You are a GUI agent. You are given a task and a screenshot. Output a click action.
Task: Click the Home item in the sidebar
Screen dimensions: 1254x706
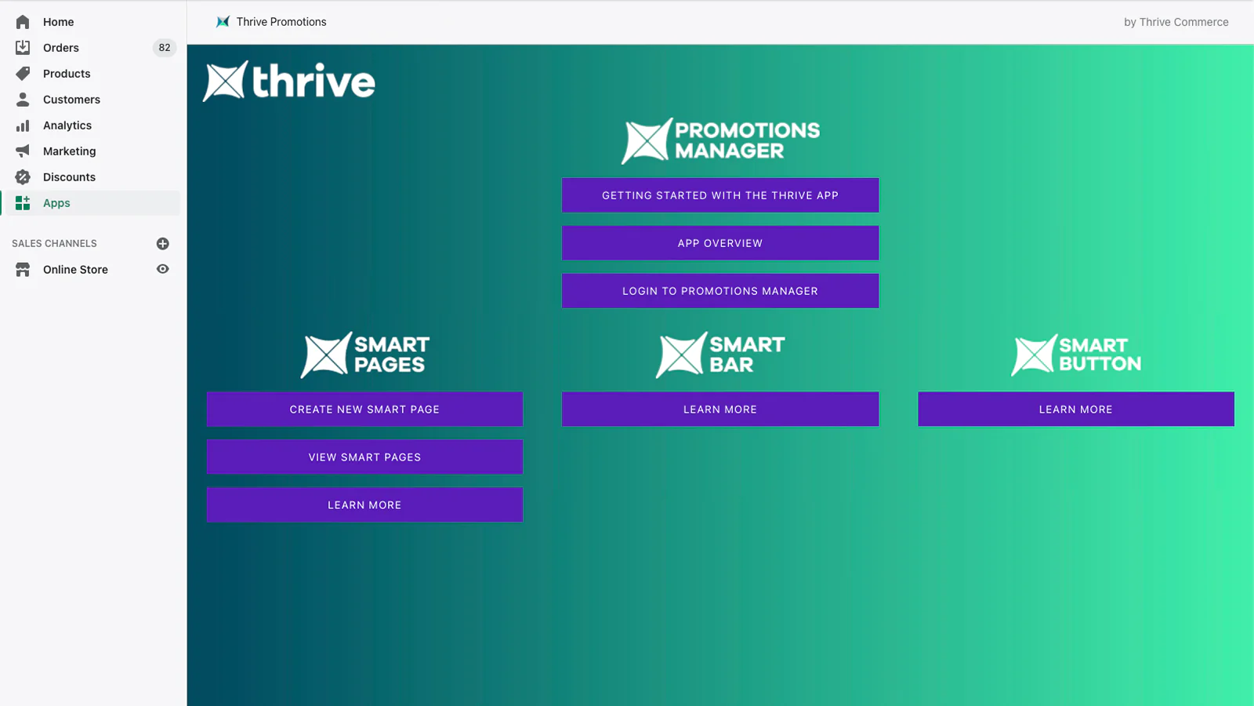(x=58, y=22)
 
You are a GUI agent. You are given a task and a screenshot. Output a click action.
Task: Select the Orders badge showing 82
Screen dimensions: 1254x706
(x=164, y=48)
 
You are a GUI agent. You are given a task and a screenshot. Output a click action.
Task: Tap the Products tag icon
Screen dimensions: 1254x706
(x=23, y=74)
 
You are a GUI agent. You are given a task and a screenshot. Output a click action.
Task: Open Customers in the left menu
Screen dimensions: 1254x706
(x=71, y=99)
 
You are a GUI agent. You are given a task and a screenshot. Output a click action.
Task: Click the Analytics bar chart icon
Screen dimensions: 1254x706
(x=23, y=126)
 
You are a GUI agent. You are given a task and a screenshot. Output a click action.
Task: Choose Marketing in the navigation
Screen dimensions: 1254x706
(x=70, y=151)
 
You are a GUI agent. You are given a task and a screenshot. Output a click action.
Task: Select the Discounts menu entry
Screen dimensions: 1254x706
(x=69, y=177)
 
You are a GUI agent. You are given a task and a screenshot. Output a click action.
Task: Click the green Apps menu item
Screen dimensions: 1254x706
(x=56, y=203)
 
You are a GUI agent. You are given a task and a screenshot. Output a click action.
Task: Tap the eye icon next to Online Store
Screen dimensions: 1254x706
(x=163, y=270)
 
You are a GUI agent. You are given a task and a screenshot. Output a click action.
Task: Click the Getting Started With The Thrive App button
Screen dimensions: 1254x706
(x=720, y=195)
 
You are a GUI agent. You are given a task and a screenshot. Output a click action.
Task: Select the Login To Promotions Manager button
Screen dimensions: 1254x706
(x=720, y=291)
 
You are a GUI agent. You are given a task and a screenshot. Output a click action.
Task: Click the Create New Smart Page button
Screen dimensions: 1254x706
(x=364, y=409)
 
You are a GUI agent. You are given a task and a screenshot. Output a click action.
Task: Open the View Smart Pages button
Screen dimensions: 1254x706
(x=364, y=457)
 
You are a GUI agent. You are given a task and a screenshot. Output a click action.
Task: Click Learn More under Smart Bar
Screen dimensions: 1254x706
(x=720, y=409)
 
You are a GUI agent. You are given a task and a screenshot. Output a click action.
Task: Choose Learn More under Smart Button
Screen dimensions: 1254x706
(x=1075, y=409)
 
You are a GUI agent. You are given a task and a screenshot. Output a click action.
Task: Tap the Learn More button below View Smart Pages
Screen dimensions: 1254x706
(x=364, y=505)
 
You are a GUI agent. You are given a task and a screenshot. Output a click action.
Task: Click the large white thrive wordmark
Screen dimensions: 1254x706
(x=313, y=82)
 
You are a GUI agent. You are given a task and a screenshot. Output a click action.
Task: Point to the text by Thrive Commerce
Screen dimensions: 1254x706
(x=1176, y=22)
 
